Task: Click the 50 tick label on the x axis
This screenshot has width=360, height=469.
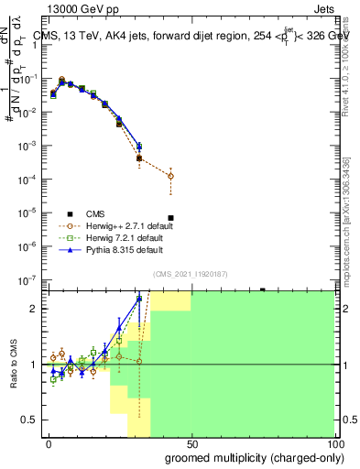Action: tap(191, 444)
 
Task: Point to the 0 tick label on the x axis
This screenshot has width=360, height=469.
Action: tap(49, 444)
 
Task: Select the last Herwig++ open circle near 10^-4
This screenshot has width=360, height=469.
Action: tap(170, 176)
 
